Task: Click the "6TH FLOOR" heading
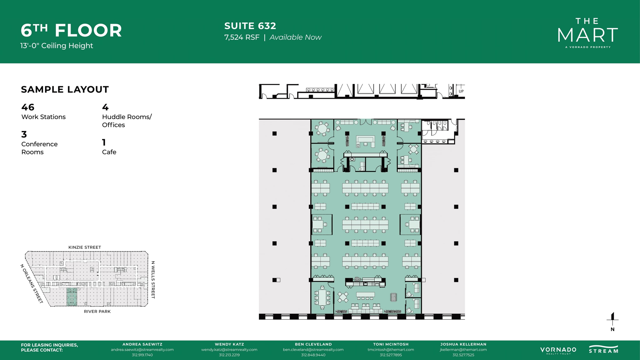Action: (x=71, y=31)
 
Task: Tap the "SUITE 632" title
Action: (x=250, y=26)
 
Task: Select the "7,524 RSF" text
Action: (x=242, y=37)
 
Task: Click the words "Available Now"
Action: (x=295, y=37)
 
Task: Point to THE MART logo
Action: (x=587, y=33)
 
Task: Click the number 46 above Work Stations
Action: (x=28, y=107)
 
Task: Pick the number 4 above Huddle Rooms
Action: (x=105, y=107)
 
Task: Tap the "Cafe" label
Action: (x=109, y=152)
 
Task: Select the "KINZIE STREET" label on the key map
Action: (x=85, y=247)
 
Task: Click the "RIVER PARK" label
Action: (x=97, y=312)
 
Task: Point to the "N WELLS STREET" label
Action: (x=153, y=280)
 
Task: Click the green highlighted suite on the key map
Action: (x=72, y=297)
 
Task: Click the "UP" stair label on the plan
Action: (x=461, y=91)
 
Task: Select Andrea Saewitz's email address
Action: (x=142, y=350)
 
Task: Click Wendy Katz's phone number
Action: (x=229, y=355)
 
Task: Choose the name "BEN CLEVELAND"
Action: (x=313, y=344)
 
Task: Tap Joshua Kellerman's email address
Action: (x=463, y=350)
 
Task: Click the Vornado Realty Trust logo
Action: (x=558, y=350)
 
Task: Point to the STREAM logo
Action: (x=603, y=349)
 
